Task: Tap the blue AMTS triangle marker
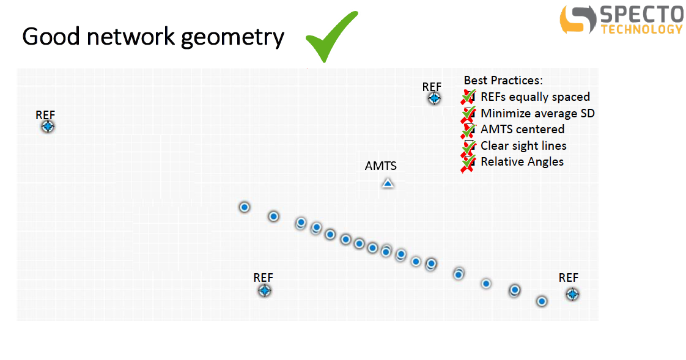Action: tap(388, 183)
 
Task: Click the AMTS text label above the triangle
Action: tap(381, 166)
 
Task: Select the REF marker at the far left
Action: tap(48, 127)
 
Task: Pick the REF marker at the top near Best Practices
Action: tap(434, 98)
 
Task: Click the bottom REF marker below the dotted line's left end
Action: tap(264, 290)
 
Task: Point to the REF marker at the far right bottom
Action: tap(572, 295)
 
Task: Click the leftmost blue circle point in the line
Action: tap(245, 207)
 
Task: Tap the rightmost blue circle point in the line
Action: tap(542, 301)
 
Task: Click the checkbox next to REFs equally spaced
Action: tap(468, 97)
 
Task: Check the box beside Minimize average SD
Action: tap(468, 114)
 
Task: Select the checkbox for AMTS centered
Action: tap(468, 130)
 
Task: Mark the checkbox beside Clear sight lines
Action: tap(468, 147)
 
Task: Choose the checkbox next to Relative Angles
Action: tap(468, 163)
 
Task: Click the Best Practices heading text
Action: tap(503, 81)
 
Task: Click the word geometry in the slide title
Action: tap(232, 38)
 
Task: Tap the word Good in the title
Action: tap(51, 37)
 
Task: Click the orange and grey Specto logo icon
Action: tap(578, 19)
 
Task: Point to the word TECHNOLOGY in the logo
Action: tap(642, 29)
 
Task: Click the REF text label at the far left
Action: tap(45, 115)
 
